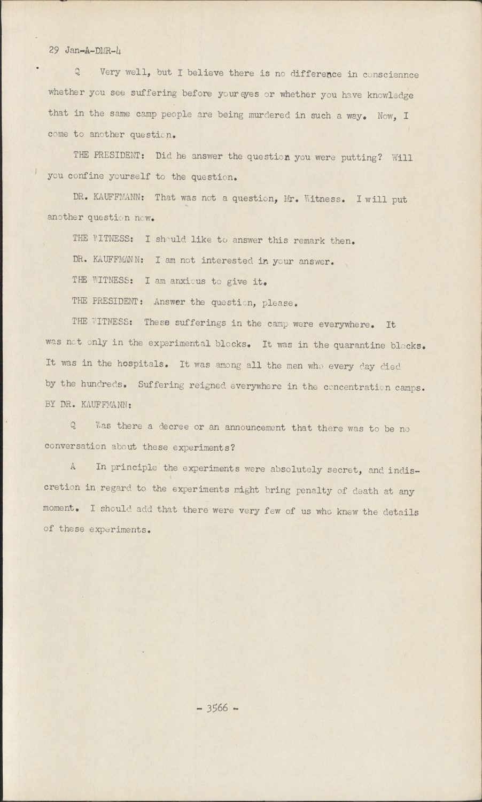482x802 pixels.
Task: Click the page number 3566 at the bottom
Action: pyautogui.click(x=217, y=708)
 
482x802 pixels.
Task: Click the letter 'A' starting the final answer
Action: pyautogui.click(x=72, y=467)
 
